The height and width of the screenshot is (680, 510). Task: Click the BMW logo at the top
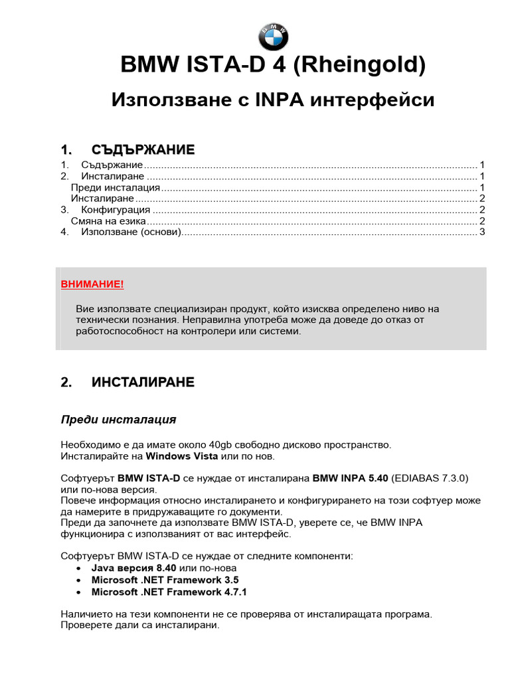273,35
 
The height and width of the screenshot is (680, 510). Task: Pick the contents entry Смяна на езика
108,221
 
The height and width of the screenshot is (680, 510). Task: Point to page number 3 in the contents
483,232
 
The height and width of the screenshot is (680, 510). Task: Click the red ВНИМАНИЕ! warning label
92,284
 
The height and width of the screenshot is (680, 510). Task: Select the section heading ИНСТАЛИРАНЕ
143,382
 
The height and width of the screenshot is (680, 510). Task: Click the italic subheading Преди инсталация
118,420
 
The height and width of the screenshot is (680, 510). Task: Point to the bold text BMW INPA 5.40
350,478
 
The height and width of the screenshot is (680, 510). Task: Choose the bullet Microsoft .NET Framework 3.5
165,580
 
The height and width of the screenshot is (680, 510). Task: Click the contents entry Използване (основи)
131,232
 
